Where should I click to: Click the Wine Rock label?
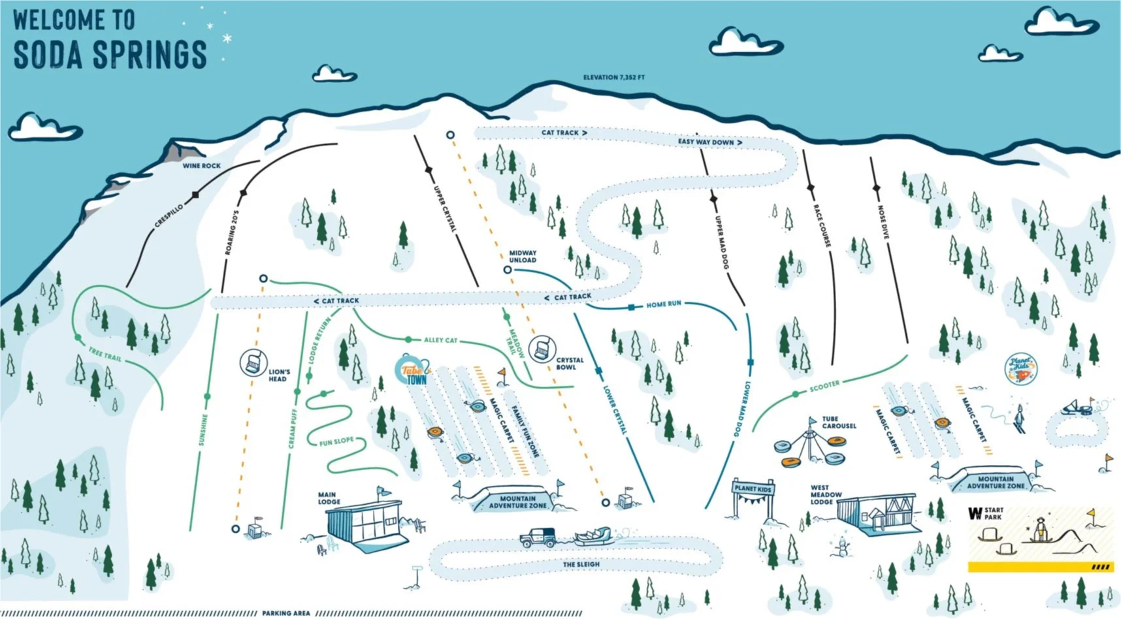201,166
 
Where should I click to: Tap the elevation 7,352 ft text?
613,77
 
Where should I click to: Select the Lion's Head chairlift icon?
253,362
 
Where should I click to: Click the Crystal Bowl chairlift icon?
542,349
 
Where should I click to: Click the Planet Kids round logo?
1020,369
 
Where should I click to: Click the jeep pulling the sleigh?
538,538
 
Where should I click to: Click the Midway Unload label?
523,257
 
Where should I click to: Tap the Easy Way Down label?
709,142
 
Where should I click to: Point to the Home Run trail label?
664,304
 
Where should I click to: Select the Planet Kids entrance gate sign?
753,488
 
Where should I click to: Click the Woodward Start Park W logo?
975,514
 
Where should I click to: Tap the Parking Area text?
286,613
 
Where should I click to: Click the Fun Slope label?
336,442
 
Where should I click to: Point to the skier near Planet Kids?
1020,419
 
